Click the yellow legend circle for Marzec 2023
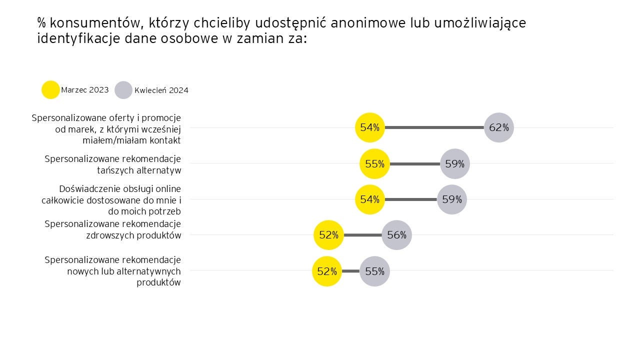tap(50, 90)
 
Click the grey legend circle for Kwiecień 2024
tap(123, 90)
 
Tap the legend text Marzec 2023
tap(84, 90)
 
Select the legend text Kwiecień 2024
tap(161, 90)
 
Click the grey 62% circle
tap(499, 127)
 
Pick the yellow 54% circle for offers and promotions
tap(369, 127)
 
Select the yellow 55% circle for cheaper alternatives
tap(374, 163)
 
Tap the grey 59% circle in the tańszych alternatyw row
tap(455, 163)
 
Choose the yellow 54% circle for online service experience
tap(369, 199)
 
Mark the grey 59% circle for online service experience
tap(452, 199)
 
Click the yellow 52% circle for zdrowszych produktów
tap(329, 234)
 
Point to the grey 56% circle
tap(396, 234)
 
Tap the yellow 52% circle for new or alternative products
tap(327, 271)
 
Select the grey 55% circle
tap(374, 271)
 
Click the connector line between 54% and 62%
tap(434, 127)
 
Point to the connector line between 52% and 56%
tap(363, 234)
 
